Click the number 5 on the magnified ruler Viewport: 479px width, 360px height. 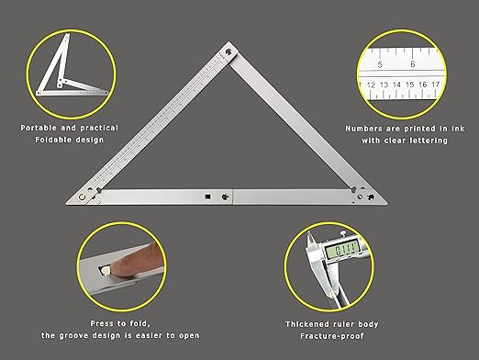pyautogui.click(x=380, y=65)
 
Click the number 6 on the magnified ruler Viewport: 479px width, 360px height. pyautogui.click(x=413, y=65)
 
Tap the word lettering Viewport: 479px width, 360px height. pyautogui.click(x=429, y=141)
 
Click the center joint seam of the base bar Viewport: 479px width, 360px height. pyautogui.click(x=234, y=197)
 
